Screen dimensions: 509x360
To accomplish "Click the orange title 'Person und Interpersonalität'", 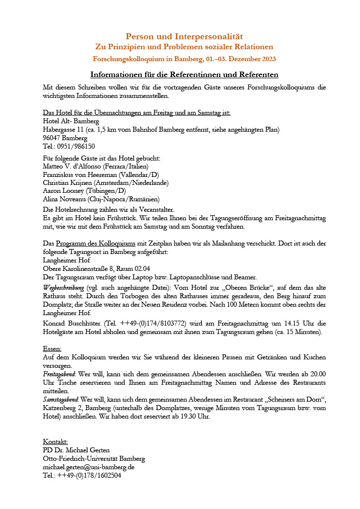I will coord(184,36).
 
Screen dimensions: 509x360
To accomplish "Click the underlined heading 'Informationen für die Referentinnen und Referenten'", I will coord(184,75).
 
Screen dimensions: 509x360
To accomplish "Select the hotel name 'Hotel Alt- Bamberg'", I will coord(71,121).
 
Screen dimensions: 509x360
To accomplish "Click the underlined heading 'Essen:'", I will coord(52,348).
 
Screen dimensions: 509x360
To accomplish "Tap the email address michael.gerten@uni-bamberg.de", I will coord(89,467).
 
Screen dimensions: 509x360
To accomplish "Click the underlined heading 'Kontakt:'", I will coord(56,442).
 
